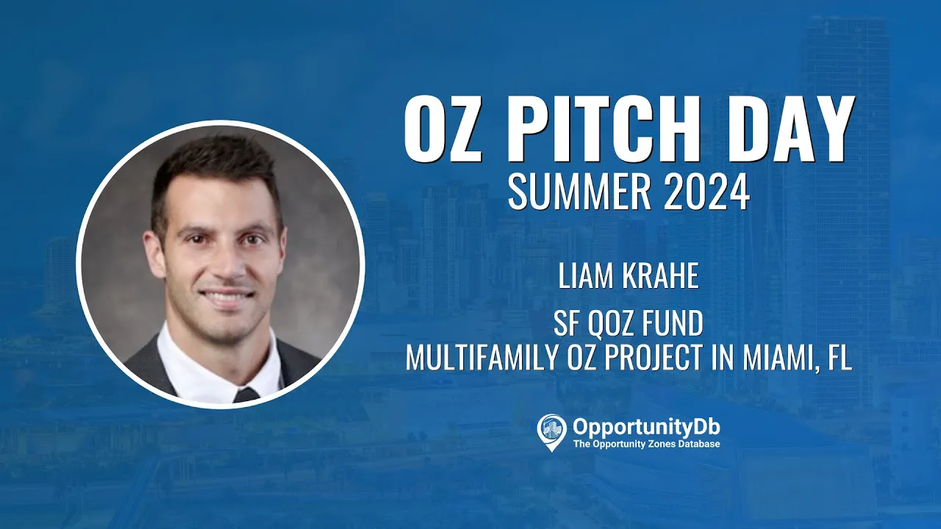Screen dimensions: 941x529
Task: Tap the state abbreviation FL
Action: [x=840, y=357]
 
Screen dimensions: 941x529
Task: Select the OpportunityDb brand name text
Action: [x=646, y=428]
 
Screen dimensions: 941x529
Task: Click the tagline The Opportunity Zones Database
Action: [x=646, y=444]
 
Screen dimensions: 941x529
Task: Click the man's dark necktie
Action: [x=246, y=395]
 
